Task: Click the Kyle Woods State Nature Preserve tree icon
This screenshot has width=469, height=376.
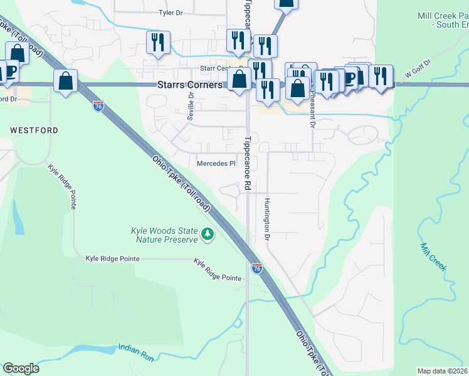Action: (x=208, y=236)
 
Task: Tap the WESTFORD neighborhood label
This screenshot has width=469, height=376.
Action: (x=34, y=130)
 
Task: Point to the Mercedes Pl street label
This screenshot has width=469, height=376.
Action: (x=216, y=164)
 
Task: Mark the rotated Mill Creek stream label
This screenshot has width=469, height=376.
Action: (x=433, y=257)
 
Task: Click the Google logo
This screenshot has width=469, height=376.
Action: (x=21, y=368)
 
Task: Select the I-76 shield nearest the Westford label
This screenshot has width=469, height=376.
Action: (x=98, y=106)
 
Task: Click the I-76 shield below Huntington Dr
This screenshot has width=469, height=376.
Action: (x=256, y=268)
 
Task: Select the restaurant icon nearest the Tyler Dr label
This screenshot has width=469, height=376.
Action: (x=157, y=43)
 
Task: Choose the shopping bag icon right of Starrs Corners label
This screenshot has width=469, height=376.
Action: (x=239, y=80)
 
